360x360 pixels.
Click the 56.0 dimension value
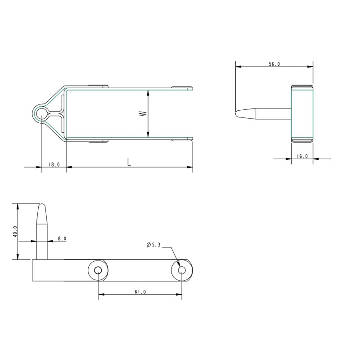coord(274,64)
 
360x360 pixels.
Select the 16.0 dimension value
coord(302,156)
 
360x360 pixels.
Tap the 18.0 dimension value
coord(54,165)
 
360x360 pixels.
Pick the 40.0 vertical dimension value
coord(15,231)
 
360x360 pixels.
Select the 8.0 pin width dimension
coord(62,238)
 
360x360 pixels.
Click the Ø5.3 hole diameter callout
coord(153,245)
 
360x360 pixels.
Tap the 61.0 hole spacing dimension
coord(140,292)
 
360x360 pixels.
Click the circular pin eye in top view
coord(41,113)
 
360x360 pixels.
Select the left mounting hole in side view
coord(98,270)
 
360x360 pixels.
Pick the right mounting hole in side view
coord(182,270)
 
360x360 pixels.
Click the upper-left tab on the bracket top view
coord(99,85)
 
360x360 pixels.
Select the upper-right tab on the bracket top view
coord(182,87)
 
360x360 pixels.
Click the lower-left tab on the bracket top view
coord(99,141)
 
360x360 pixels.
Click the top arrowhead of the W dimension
coord(148,92)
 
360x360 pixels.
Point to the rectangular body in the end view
coord(302,113)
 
